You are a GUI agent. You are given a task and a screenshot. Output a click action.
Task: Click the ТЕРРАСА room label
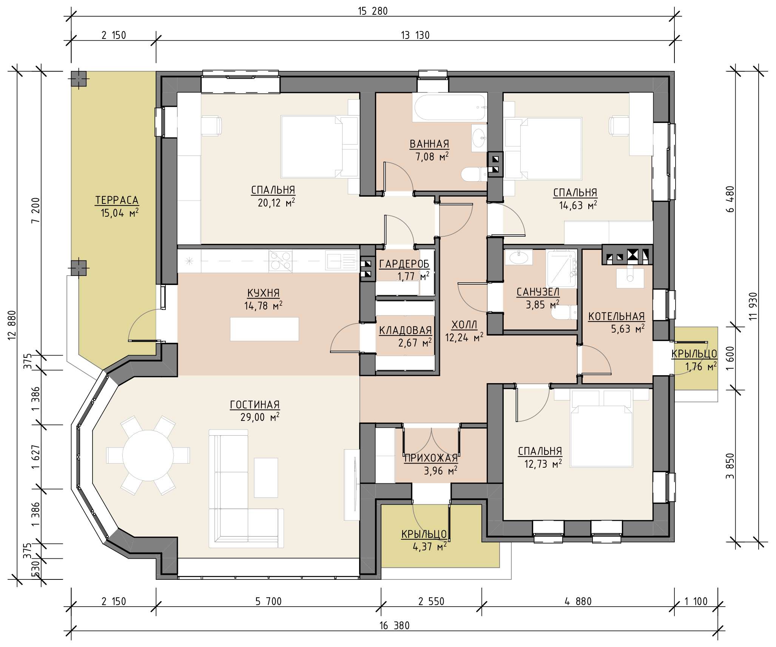pyautogui.click(x=117, y=200)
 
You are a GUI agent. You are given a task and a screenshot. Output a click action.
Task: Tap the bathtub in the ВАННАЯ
pyautogui.click(x=449, y=108)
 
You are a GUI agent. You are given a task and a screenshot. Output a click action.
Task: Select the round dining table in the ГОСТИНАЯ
pyautogui.click(x=148, y=455)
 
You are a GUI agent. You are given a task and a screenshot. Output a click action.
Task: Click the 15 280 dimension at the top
pyautogui.click(x=373, y=11)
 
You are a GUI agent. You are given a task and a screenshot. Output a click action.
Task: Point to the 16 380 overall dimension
pyautogui.click(x=394, y=626)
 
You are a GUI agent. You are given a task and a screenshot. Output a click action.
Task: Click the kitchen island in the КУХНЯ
pyautogui.click(x=264, y=329)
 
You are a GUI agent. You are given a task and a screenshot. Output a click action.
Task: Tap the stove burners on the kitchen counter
pyautogui.click(x=280, y=260)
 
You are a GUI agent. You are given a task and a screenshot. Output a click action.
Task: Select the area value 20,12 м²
pyautogui.click(x=276, y=203)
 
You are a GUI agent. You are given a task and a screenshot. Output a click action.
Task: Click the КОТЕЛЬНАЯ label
pyautogui.click(x=616, y=316)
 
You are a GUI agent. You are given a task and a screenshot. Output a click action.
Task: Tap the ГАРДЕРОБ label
pyautogui.click(x=404, y=264)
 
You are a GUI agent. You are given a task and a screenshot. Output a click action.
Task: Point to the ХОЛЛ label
pyautogui.click(x=464, y=325)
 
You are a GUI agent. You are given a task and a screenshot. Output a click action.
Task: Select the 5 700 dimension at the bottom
pyautogui.click(x=268, y=601)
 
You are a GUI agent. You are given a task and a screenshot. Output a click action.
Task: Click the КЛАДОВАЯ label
pyautogui.click(x=405, y=330)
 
